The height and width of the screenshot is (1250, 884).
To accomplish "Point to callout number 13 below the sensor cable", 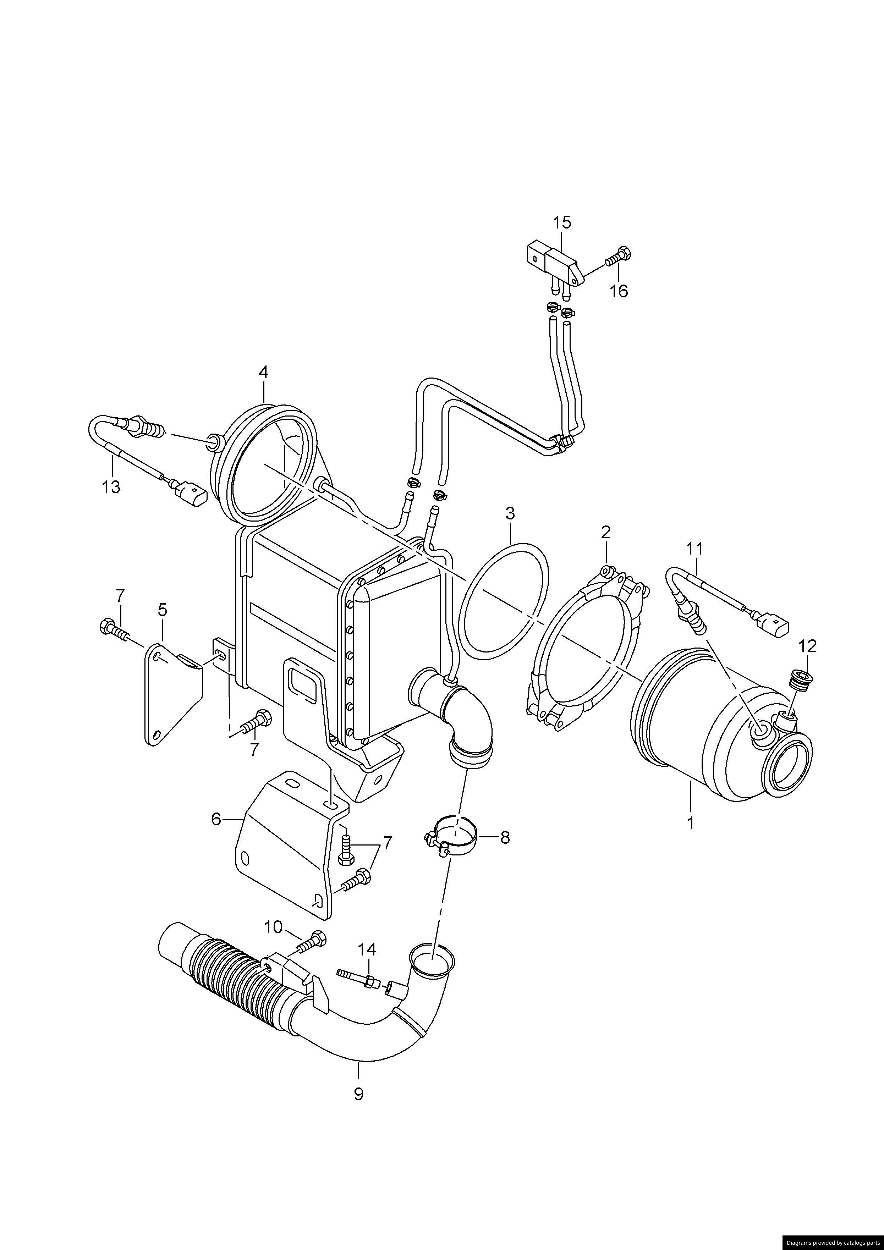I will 111,486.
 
